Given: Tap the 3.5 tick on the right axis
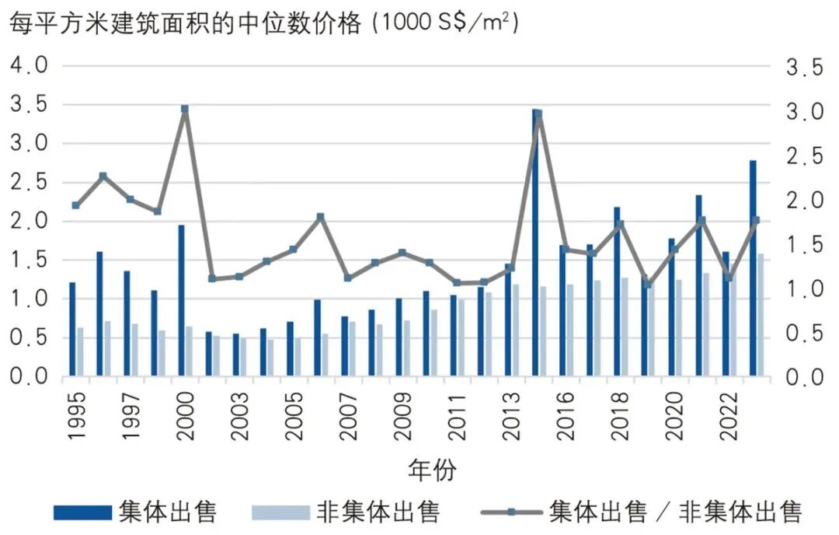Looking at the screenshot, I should (804, 68).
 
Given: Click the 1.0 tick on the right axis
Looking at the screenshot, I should (804, 289).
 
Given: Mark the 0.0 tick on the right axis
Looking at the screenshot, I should (804, 377).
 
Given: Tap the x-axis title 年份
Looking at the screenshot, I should (432, 470).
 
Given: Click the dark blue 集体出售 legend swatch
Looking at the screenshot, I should (82, 512).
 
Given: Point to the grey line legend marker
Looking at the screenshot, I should (510, 512).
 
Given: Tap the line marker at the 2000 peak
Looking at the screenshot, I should (185, 109).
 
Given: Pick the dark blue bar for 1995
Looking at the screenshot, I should (72, 330).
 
